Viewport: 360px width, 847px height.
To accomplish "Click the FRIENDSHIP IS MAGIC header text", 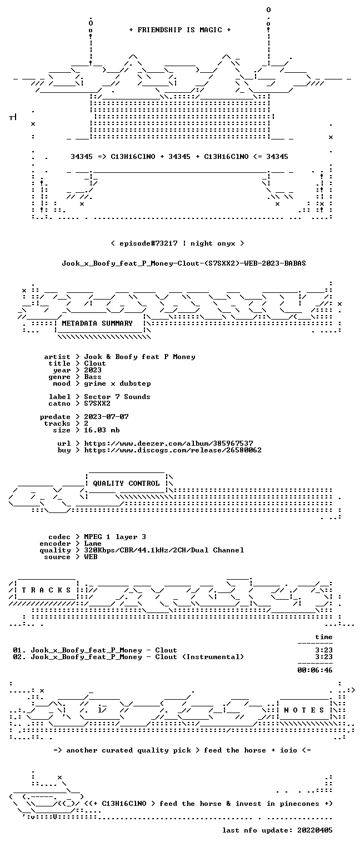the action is click(x=180, y=30).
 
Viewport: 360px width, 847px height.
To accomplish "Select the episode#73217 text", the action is click(x=149, y=243).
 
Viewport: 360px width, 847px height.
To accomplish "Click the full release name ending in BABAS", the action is click(x=184, y=263).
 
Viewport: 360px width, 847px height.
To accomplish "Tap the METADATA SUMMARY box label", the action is click(x=97, y=323).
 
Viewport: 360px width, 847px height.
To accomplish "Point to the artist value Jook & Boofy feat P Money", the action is click(x=139, y=357).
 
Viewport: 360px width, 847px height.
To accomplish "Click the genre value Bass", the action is click(x=93, y=377).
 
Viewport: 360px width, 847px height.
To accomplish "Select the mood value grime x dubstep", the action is click(x=117, y=383).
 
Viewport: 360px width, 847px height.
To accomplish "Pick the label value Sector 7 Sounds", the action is click(x=117, y=397).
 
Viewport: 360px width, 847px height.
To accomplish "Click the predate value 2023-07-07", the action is click(x=106, y=417).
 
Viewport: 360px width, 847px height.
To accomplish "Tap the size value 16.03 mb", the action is click(x=102, y=430).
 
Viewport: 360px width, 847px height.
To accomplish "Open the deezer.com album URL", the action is click(x=169, y=444).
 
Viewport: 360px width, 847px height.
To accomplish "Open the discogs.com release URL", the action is click(x=173, y=450).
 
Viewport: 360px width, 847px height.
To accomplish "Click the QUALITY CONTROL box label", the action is click(x=126, y=484).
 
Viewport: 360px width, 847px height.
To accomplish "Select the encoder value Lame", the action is click(x=93, y=544).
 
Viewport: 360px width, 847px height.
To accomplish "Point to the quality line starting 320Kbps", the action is click(x=164, y=550).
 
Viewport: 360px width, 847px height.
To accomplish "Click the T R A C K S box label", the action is click(x=46, y=590).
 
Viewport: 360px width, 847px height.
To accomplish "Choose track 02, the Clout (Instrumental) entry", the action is click(x=128, y=657).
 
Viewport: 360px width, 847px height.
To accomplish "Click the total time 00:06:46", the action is click(x=315, y=670).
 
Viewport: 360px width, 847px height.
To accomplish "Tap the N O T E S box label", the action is click(x=304, y=710).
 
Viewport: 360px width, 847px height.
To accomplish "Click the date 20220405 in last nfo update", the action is click(x=315, y=830).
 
